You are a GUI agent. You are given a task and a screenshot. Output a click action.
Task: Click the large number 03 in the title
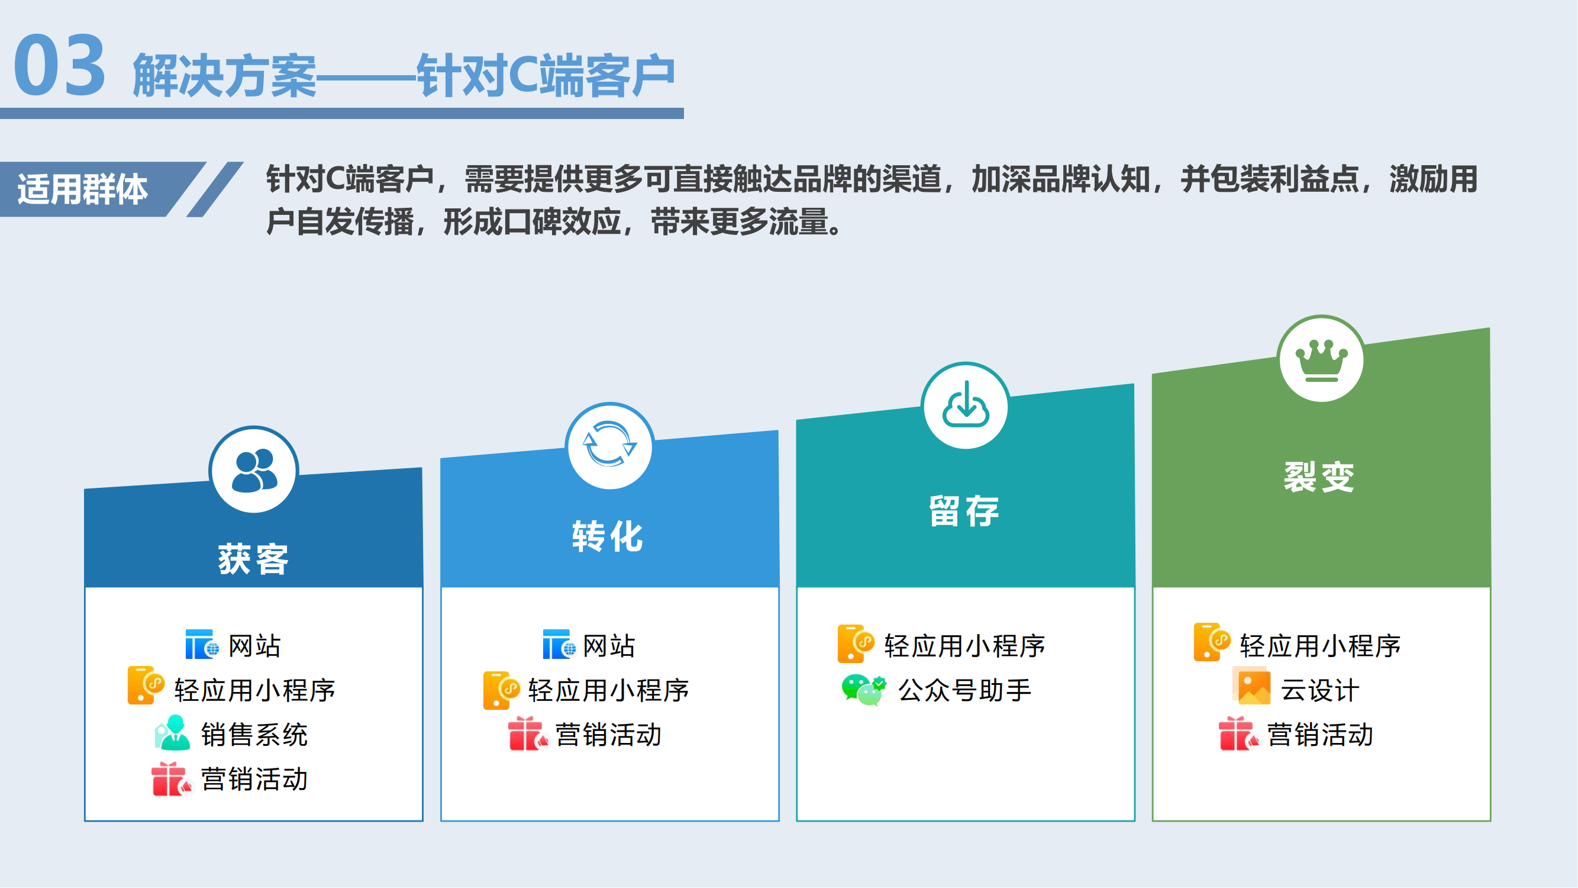pyautogui.click(x=60, y=65)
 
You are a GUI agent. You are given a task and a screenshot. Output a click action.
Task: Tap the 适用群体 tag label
pyautogui.click(x=83, y=189)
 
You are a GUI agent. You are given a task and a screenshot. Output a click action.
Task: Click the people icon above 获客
pyautogui.click(x=254, y=470)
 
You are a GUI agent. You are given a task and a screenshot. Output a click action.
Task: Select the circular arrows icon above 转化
pyautogui.click(x=609, y=445)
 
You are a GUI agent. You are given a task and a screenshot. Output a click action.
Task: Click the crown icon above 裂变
pyautogui.click(x=1322, y=361)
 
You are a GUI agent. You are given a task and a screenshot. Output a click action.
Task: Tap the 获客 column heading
pyautogui.click(x=254, y=559)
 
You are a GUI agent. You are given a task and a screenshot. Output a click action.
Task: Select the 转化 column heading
pyautogui.click(x=608, y=537)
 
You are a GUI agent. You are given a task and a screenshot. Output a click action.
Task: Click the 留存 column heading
pyautogui.click(x=964, y=511)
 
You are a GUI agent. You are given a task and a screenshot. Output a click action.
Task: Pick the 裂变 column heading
pyautogui.click(x=1319, y=477)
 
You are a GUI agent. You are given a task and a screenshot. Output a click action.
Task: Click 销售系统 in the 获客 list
pyautogui.click(x=254, y=735)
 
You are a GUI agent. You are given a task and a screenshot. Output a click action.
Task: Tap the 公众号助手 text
pyautogui.click(x=965, y=691)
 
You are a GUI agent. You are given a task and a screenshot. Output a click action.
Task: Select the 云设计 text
pyautogui.click(x=1320, y=691)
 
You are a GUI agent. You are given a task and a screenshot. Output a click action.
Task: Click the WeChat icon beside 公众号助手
pyautogui.click(x=864, y=691)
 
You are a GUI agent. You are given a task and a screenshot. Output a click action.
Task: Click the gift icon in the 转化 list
pyautogui.click(x=528, y=733)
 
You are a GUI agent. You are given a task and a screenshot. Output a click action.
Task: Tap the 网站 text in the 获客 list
pyautogui.click(x=255, y=646)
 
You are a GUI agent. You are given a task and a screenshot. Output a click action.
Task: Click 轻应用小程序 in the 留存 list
pyautogui.click(x=965, y=646)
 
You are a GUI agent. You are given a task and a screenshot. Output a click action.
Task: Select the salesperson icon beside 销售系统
pyautogui.click(x=172, y=733)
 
